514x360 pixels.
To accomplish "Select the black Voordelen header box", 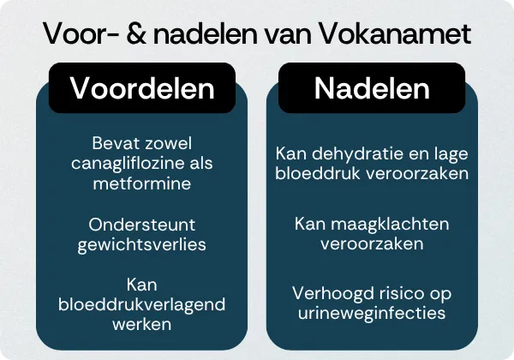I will pos(142,87).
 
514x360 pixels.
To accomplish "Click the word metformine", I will pos(142,183).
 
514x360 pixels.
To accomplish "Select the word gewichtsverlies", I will pos(142,244).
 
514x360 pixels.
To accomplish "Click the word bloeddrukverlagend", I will pos(142,306).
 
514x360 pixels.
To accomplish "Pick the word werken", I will pos(142,326).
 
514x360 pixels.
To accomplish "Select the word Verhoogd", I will pos(327,293).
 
